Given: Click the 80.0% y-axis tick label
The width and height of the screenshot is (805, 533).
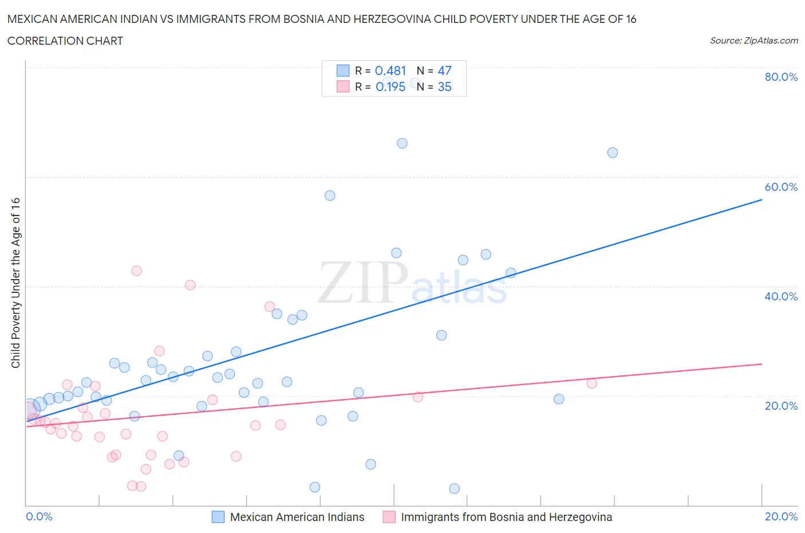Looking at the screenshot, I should [x=781, y=77].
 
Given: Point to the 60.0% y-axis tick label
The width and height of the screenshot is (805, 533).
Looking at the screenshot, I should [x=781, y=187].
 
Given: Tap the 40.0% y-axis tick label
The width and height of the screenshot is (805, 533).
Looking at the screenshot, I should [x=781, y=296].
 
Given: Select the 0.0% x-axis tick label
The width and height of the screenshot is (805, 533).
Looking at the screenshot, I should [x=39, y=516].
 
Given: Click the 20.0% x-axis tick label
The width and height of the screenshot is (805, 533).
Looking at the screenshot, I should [x=781, y=516].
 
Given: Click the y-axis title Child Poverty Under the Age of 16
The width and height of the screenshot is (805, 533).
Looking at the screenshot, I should [x=15, y=283].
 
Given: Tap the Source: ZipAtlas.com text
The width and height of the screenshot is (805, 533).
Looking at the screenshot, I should [x=753, y=41].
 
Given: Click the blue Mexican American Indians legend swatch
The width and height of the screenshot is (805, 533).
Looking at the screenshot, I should [x=218, y=517].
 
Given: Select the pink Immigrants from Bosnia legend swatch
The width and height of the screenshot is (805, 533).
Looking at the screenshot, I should [x=389, y=517].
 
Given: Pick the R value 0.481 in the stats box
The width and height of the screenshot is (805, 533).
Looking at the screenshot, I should [x=390, y=70].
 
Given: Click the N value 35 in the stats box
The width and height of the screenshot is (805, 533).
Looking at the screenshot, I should [x=444, y=87].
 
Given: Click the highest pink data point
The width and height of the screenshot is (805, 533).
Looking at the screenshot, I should [x=136, y=271].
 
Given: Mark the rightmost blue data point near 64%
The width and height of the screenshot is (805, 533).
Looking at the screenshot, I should [x=612, y=152].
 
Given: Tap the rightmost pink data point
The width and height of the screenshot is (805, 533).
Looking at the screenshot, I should [x=591, y=383].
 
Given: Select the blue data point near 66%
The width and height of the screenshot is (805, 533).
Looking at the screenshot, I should [x=402, y=143].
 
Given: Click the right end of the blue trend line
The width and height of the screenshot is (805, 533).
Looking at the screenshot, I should [x=761, y=199].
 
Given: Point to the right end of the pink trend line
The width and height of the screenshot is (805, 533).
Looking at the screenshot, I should [x=761, y=364].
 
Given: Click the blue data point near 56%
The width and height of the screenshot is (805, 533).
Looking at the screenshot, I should [x=330, y=195].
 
